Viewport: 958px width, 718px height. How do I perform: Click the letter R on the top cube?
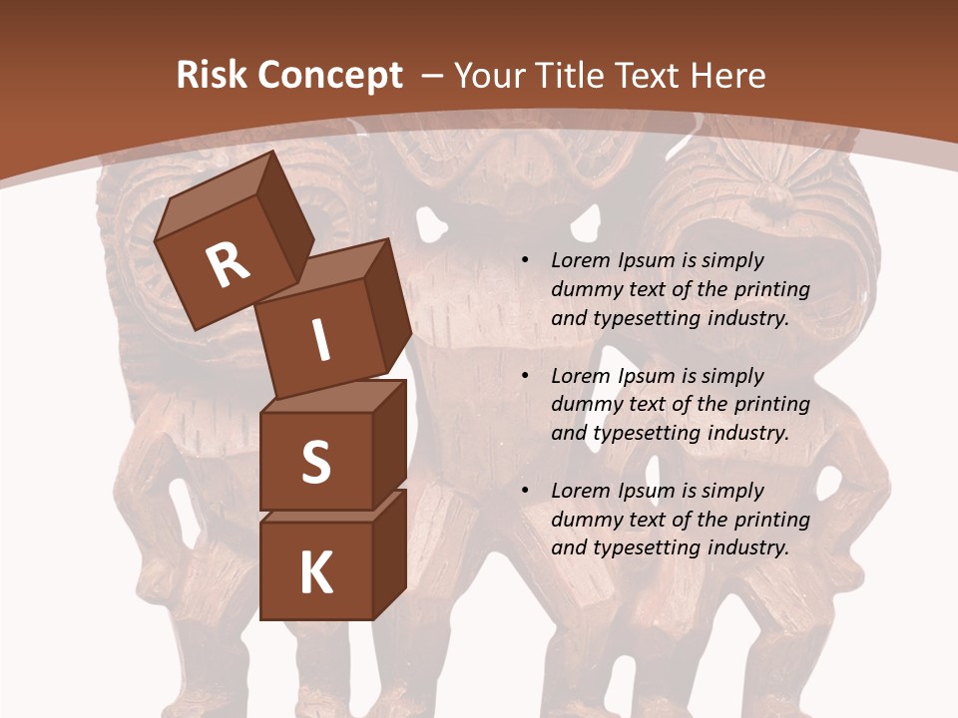(228, 265)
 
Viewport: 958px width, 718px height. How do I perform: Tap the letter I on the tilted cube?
(320, 341)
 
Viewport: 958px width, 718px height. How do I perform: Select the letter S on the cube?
(315, 463)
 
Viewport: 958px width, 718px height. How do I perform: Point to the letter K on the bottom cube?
(315, 573)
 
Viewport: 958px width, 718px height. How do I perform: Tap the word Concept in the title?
(328, 76)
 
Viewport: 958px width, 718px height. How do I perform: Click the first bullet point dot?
(525, 261)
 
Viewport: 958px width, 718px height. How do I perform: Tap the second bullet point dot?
(525, 377)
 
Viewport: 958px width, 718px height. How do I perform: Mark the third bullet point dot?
(525, 492)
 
